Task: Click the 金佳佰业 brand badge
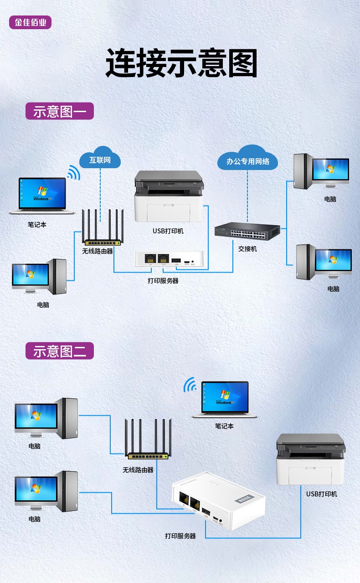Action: (30, 22)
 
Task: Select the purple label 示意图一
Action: (60, 111)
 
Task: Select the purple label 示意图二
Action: (60, 351)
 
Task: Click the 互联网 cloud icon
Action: (100, 159)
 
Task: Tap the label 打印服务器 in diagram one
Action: (163, 281)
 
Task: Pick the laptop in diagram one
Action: (42, 196)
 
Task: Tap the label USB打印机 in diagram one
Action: (168, 231)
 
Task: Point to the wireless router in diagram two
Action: (149, 440)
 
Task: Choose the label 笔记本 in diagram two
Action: (224, 426)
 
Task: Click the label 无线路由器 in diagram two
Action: (138, 469)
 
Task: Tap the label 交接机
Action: (247, 249)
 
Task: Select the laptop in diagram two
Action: (225, 399)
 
